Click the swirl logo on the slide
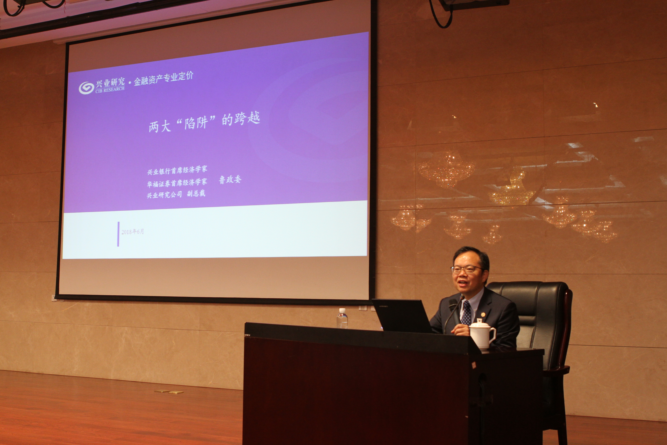(86, 88)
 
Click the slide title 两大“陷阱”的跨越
(204, 123)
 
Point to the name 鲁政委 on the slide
(230, 180)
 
